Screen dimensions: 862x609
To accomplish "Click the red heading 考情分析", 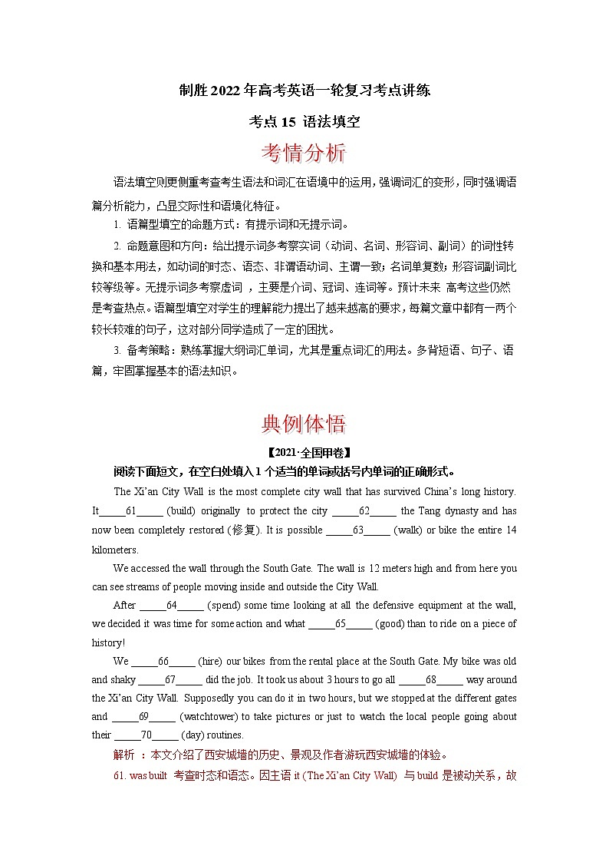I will pyautogui.click(x=304, y=153).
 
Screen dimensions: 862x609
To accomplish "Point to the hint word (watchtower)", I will pyautogui.click(x=209, y=717).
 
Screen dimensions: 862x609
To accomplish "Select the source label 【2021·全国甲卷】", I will pyautogui.click(x=304, y=451).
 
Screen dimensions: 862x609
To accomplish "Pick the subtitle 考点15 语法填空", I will pyautogui.click(x=304, y=121).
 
